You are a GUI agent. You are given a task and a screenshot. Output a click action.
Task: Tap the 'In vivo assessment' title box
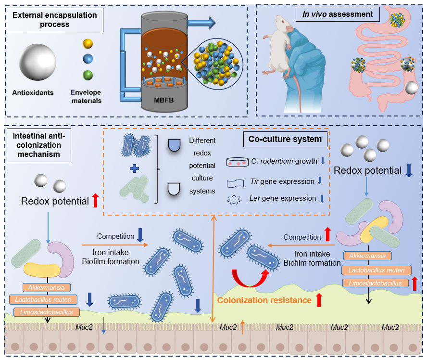point(338,14)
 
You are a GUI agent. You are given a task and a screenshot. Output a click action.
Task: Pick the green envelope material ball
point(87,76)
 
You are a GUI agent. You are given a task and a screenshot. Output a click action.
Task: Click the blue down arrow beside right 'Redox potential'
point(409,171)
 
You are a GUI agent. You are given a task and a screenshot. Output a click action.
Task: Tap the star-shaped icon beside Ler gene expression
point(237,198)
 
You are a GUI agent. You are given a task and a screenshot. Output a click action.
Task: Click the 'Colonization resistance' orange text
point(264,300)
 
